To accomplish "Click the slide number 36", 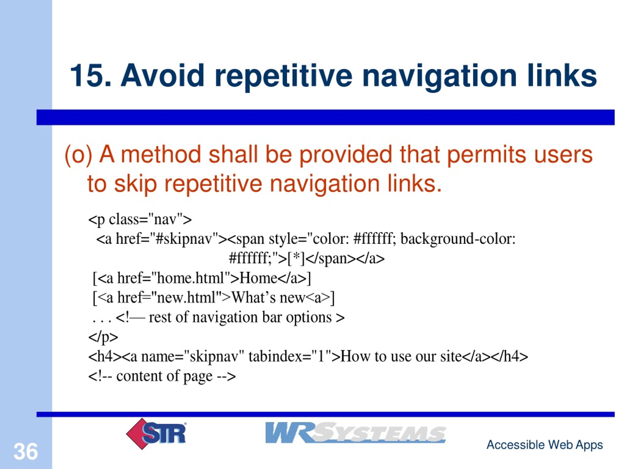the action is pos(26,451).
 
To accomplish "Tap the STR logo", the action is pos(156,434).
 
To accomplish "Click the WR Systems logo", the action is pos(355,433).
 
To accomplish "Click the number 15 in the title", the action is pos(88,75).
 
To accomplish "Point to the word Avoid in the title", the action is pos(162,75).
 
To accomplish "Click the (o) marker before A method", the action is pos(79,155).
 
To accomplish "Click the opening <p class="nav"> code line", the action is pos(140,219).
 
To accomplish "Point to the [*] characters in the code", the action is pos(296,258).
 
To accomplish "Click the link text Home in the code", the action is pos(259,278).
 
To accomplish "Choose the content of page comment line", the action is pos(162,376).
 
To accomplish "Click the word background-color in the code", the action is pos(458,239).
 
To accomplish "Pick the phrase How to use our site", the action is pos(401,356).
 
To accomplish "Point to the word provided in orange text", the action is pos(345,155).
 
